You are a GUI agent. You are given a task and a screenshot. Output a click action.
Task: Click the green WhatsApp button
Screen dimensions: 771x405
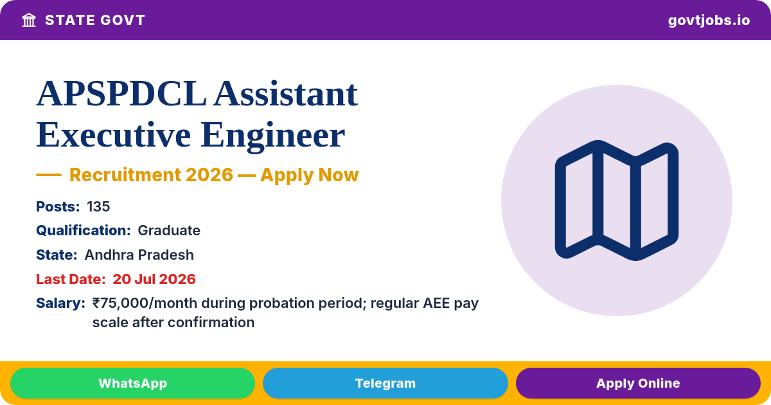pos(132,383)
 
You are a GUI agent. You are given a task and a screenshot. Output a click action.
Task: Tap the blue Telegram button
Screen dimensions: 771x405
pos(385,383)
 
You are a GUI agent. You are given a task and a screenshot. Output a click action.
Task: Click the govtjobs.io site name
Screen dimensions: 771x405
pos(709,21)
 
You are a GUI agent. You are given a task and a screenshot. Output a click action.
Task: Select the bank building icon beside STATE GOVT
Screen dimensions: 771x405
pos(29,21)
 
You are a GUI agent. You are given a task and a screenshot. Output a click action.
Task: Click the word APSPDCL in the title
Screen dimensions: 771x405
pos(121,94)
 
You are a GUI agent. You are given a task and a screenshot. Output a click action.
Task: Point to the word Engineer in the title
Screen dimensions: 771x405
pos(272,136)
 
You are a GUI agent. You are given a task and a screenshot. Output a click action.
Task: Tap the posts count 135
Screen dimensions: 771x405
pos(98,206)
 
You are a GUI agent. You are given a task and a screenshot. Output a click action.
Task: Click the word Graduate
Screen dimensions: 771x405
pos(169,231)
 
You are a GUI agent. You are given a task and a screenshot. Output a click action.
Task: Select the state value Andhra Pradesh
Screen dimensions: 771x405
pos(139,255)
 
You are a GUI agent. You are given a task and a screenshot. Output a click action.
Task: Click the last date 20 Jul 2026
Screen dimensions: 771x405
pos(154,279)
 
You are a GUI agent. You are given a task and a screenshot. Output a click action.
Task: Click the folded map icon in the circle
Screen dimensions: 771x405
pos(617,201)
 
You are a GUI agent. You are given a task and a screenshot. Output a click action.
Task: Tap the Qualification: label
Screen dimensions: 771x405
pos(84,231)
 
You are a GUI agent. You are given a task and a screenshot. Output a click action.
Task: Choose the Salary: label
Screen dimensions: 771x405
pos(60,303)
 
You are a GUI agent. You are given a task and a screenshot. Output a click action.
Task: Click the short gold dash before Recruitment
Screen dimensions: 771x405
pos(49,175)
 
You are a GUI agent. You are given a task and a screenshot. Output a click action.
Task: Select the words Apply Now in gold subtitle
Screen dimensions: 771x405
pos(310,175)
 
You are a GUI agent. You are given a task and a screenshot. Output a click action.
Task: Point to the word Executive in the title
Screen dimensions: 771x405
pos(114,135)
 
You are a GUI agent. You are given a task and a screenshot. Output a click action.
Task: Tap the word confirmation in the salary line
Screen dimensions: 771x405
pos(211,323)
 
